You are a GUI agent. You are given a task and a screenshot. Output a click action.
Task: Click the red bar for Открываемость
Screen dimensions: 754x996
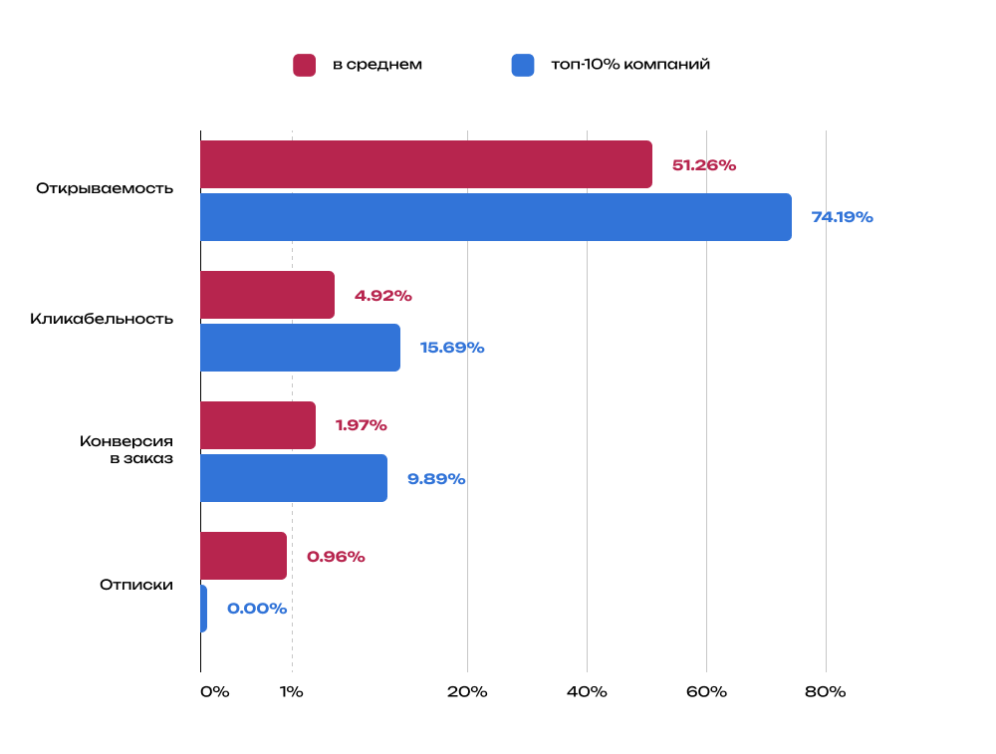[x=426, y=164]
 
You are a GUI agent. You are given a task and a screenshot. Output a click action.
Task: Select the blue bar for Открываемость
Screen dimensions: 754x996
[x=496, y=217]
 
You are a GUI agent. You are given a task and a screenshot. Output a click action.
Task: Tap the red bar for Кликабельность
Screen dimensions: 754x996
[x=267, y=295]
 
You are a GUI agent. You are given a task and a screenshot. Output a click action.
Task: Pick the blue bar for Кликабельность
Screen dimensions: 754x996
[x=300, y=348]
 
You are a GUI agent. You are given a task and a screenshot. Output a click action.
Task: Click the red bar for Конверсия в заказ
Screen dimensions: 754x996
[x=258, y=425]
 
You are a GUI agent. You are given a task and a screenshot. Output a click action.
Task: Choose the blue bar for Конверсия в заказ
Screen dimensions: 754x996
[x=294, y=478]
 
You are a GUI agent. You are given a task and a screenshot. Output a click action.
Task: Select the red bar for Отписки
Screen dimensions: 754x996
[x=243, y=556]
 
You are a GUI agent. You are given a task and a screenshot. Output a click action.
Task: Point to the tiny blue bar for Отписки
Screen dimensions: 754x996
[x=203, y=609]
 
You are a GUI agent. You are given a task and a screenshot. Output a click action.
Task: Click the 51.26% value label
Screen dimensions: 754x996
[x=704, y=165]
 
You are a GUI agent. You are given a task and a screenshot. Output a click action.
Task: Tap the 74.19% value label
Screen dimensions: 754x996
[x=842, y=217]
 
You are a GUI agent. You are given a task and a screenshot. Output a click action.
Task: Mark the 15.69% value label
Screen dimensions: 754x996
[x=452, y=348]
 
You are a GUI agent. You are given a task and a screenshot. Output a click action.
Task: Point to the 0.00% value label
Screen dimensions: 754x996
[x=257, y=609]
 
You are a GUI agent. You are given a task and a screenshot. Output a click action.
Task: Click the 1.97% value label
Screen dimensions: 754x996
[x=361, y=425]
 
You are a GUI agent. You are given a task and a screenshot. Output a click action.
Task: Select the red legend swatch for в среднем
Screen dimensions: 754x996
[x=304, y=65]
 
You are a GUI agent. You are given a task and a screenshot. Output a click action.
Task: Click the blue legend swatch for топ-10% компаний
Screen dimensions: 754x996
[x=523, y=65]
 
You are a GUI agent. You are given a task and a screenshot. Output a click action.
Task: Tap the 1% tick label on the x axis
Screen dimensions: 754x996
[x=292, y=692]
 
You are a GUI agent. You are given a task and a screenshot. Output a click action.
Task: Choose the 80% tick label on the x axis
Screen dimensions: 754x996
[x=825, y=692]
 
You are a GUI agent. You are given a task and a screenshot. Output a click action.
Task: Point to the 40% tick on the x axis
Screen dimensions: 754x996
[x=587, y=692]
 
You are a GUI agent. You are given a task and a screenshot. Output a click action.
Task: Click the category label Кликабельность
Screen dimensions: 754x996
[x=102, y=319]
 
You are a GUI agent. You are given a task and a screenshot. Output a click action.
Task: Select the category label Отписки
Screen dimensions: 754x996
[x=136, y=585]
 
